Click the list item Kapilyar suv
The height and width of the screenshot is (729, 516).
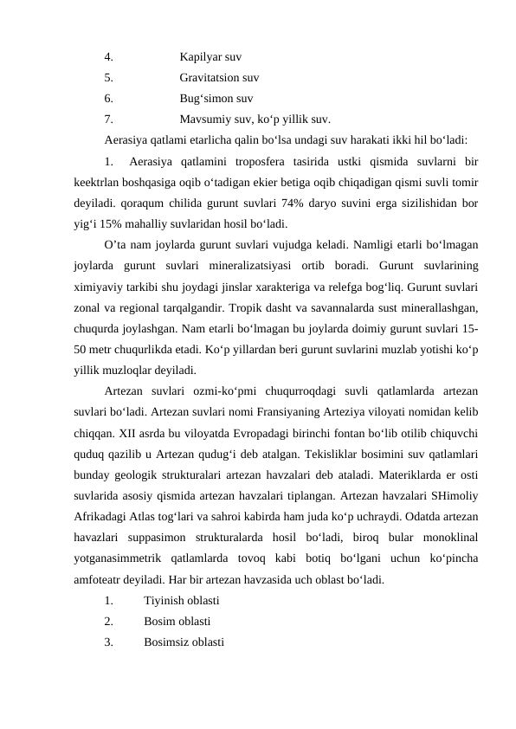(210, 58)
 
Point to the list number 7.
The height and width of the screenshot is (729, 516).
(107, 119)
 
